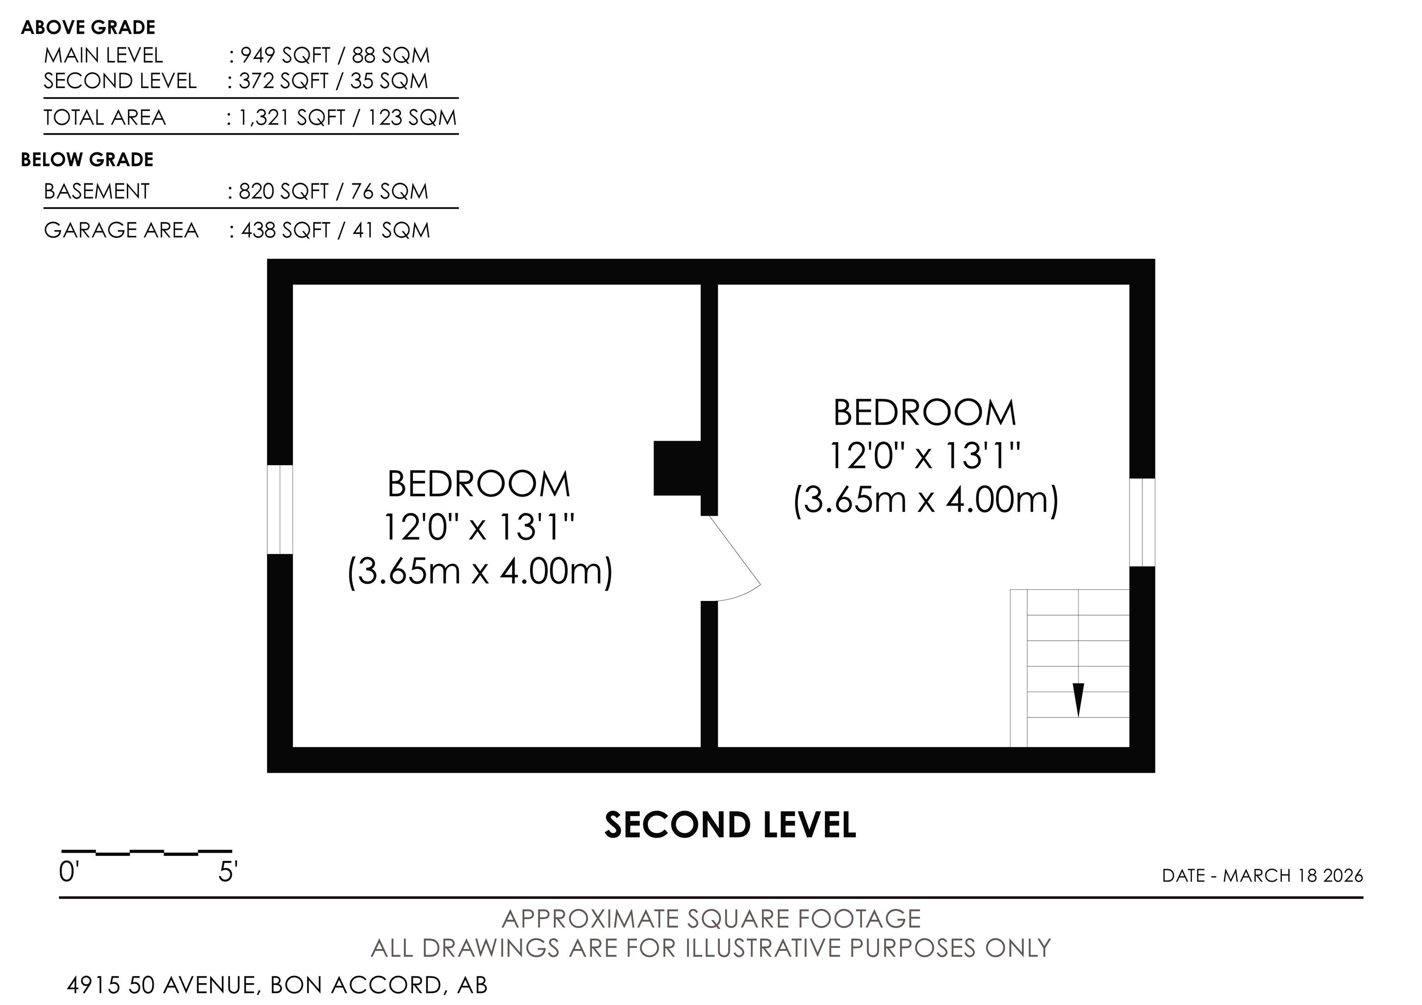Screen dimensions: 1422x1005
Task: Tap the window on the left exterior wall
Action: click(280, 509)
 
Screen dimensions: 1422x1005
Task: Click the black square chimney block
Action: click(678, 468)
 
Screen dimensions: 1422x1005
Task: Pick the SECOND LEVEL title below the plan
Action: click(730, 825)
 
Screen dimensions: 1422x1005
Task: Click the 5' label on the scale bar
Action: click(228, 873)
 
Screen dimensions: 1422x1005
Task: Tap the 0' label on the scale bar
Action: click(67, 873)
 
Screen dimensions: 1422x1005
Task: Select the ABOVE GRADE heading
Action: click(88, 28)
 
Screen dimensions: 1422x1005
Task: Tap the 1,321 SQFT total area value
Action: click(292, 118)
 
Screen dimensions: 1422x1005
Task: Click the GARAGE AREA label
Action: click(121, 231)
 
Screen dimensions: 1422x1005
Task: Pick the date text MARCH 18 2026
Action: click(1293, 875)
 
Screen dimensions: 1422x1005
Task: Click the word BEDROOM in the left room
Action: click(479, 484)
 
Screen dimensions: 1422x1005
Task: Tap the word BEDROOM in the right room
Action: click(925, 413)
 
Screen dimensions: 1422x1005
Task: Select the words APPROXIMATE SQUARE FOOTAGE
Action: click(711, 919)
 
